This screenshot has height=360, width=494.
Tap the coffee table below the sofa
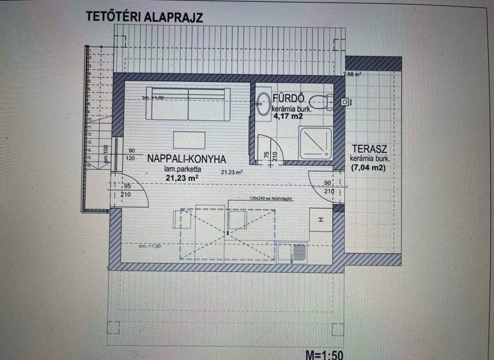[x=189, y=139]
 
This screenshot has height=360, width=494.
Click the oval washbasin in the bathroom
[x=263, y=104]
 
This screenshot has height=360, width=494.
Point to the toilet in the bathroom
[x=319, y=101]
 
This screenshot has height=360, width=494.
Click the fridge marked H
[x=320, y=221]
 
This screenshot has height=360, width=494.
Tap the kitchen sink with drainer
[x=293, y=252]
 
